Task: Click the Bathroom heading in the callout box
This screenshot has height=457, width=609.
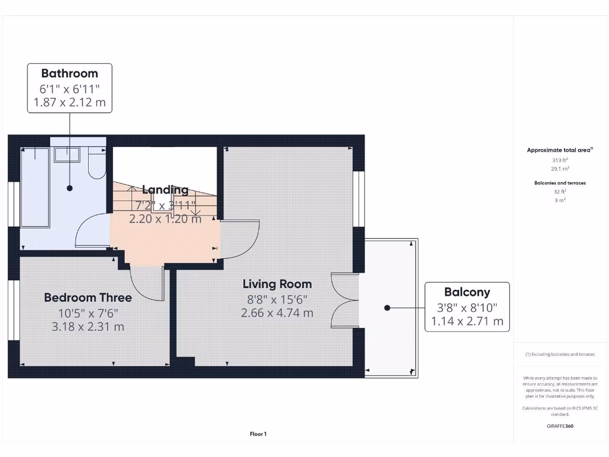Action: click(x=70, y=74)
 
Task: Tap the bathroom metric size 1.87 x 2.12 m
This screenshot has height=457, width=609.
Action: click(x=70, y=102)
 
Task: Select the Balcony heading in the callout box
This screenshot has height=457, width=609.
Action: click(x=467, y=292)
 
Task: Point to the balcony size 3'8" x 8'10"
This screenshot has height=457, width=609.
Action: click(x=467, y=308)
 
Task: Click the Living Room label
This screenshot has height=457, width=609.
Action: click(x=277, y=284)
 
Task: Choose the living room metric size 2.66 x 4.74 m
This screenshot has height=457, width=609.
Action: click(x=277, y=313)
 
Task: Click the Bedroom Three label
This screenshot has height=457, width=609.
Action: click(x=88, y=298)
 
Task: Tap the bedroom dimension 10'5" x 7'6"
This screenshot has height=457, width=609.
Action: click(x=88, y=312)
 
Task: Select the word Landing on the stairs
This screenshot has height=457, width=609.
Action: click(x=165, y=190)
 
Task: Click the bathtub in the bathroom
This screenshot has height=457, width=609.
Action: click(x=35, y=187)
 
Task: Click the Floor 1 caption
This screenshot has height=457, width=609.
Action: click(x=258, y=434)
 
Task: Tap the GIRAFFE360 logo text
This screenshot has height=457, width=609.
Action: click(x=560, y=426)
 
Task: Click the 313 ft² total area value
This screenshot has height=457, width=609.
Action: click(x=560, y=160)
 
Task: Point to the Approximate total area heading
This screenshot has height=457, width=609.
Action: click(x=559, y=151)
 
